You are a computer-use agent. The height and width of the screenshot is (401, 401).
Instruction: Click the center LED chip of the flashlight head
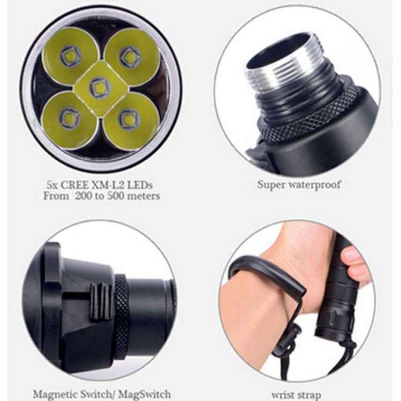pyautogui.click(x=99, y=88)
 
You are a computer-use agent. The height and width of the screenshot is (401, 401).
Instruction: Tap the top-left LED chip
pyautogui.click(x=70, y=56)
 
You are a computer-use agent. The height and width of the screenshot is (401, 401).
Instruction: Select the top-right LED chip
pyautogui.click(x=130, y=56)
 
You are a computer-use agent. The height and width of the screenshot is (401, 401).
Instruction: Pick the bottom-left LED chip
pyautogui.click(x=69, y=118)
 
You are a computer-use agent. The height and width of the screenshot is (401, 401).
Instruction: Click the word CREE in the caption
pyautogui.click(x=74, y=184)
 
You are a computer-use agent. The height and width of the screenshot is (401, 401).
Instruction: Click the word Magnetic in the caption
pyautogui.click(x=55, y=394)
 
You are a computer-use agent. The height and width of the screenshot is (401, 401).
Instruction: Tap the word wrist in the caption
pyautogui.click(x=282, y=395)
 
